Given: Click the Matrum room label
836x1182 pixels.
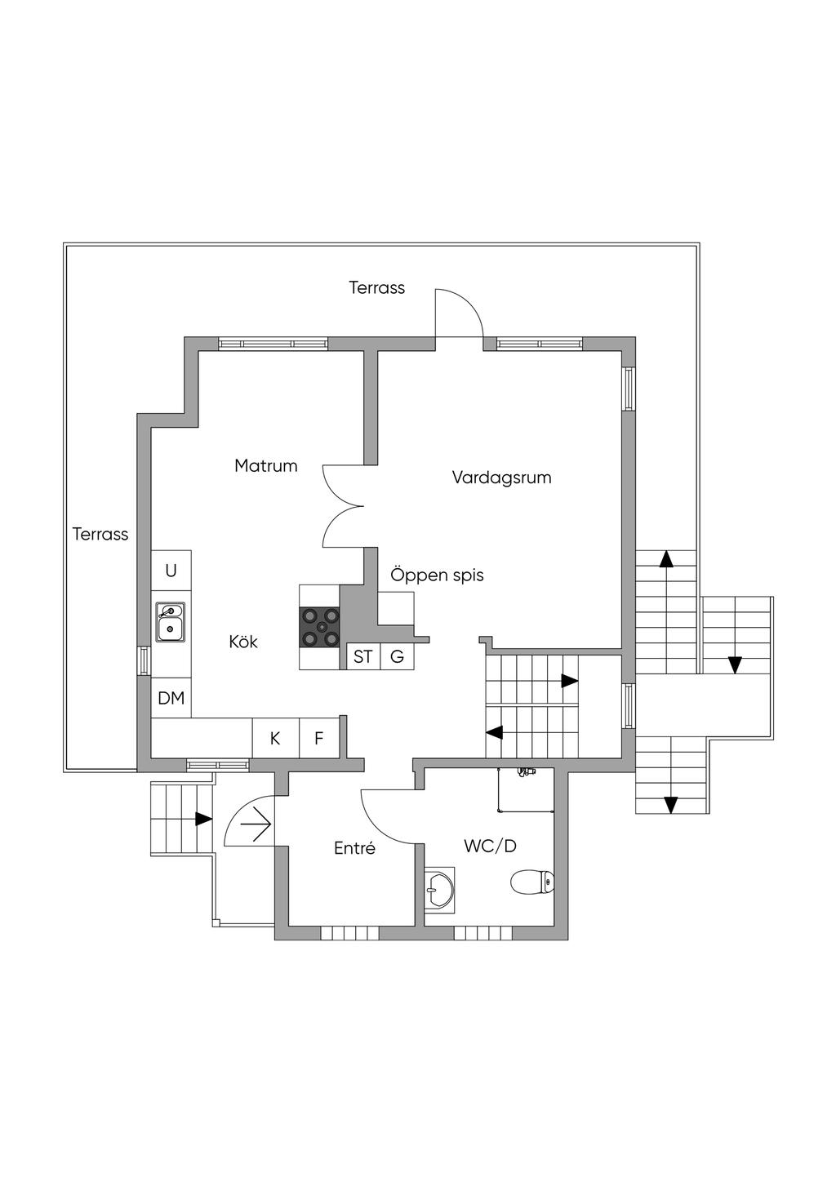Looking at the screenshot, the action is coord(266,465).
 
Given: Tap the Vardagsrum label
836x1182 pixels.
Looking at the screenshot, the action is coord(501,478).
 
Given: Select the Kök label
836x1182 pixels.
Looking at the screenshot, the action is coord(243,642).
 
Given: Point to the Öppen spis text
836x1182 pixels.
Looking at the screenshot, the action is coord(437,575).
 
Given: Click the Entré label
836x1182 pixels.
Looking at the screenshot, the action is coord(354,848).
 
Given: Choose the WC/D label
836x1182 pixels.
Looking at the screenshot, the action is coord(491,846).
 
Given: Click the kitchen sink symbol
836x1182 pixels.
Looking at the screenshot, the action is coord(170,622).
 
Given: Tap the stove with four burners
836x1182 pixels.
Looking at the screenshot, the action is coord(320,627).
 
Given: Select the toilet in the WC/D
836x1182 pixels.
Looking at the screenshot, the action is coord(532,882).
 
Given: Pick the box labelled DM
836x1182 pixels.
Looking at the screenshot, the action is coord(171,698).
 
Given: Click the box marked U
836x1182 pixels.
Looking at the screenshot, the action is coord(171,571).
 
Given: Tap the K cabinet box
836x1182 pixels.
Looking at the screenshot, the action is coord(275,738).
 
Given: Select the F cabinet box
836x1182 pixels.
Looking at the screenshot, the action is coord(318,738).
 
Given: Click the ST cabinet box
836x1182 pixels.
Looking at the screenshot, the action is coord(363,656).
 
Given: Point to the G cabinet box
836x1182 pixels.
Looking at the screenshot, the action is coord(397,656).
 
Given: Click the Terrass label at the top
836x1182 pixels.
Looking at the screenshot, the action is coord(377,287).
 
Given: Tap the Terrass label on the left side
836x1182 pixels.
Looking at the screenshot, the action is coord(100,534).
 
